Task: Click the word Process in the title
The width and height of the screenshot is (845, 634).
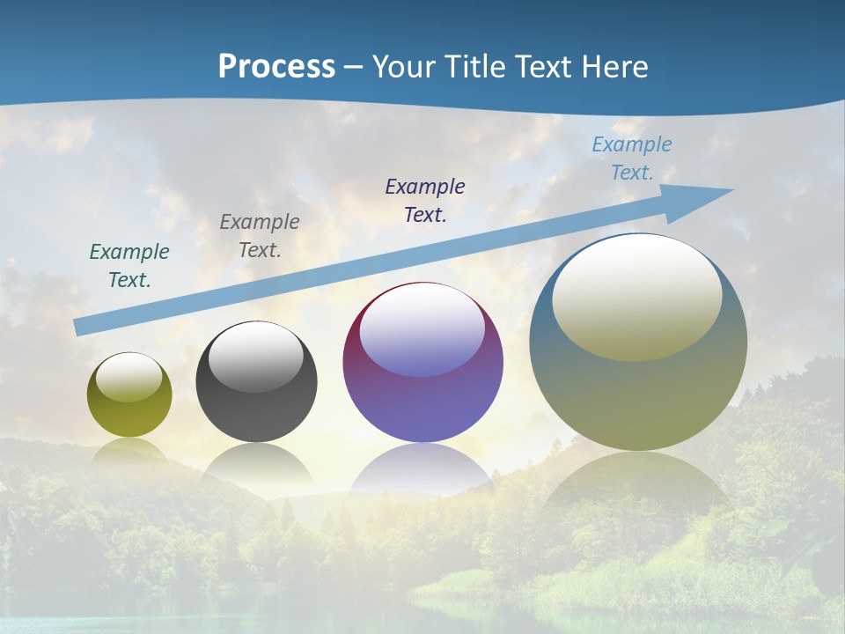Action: pos(276,66)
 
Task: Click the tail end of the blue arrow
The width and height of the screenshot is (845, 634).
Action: pos(79,328)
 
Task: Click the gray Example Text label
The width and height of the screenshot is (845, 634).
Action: pos(260,236)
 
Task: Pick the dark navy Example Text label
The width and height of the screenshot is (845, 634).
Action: pos(425,201)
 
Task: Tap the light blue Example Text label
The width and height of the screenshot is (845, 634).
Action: pos(632,158)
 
